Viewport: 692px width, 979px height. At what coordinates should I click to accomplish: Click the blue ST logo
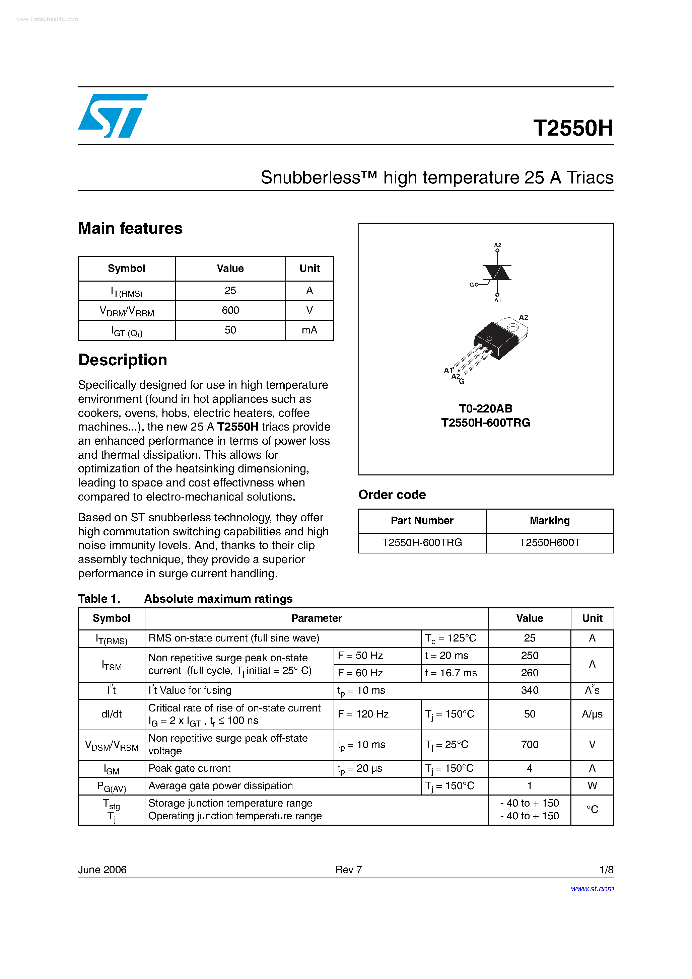coord(113,116)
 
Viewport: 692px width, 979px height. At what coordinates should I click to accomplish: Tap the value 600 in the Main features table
coord(230,310)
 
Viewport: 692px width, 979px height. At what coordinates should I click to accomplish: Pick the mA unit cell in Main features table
coord(309,330)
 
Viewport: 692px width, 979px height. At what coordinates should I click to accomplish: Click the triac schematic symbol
coord(497,273)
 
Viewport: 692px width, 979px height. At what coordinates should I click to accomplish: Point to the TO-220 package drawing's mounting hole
coord(512,327)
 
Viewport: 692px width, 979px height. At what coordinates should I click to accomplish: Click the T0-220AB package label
coord(486,408)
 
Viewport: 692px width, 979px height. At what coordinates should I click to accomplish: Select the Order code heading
coord(392,495)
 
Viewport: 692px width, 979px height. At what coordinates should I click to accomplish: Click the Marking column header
coord(550,521)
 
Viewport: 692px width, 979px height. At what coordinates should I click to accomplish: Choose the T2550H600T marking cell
coord(550,542)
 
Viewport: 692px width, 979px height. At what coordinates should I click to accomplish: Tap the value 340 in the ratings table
coord(530,690)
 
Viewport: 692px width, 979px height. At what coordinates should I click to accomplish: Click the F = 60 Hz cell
coord(360,673)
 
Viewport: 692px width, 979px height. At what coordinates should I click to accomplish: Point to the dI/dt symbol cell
coord(111,714)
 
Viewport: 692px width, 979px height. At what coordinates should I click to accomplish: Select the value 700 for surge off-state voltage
coord(530,745)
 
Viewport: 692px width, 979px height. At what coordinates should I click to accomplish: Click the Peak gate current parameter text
coord(190,768)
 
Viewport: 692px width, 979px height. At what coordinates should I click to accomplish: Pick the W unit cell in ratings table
coord(592,786)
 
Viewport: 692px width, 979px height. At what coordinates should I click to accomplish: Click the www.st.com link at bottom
coord(592,889)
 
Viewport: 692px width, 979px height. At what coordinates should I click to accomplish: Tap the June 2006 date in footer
coord(102,870)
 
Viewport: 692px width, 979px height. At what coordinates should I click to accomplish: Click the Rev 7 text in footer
coord(349,870)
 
